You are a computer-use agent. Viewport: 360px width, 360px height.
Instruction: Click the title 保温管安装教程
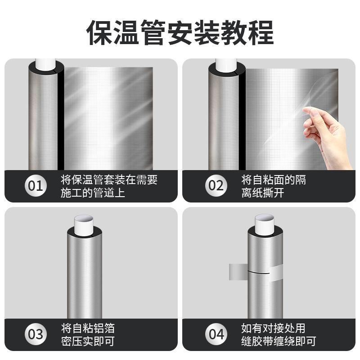(180, 32)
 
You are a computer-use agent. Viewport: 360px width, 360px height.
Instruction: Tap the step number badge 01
(36, 185)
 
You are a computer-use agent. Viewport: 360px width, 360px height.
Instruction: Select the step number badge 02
(216, 185)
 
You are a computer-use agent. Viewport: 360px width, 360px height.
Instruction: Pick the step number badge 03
(36, 334)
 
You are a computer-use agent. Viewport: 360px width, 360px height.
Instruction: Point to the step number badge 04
(216, 334)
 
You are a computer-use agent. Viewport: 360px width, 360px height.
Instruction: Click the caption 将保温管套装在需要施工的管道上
(109, 186)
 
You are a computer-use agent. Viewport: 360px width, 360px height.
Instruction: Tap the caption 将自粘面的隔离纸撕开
(274, 186)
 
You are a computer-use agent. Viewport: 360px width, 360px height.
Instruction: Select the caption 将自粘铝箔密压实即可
(88, 335)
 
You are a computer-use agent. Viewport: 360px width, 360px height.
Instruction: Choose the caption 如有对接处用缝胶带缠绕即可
(279, 335)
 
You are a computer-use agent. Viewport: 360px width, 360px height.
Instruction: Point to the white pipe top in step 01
(45, 65)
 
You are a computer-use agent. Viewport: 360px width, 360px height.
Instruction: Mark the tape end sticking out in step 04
(238, 272)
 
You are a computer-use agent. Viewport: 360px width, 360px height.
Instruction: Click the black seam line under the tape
(258, 273)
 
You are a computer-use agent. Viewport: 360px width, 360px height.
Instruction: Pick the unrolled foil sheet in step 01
(108, 118)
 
